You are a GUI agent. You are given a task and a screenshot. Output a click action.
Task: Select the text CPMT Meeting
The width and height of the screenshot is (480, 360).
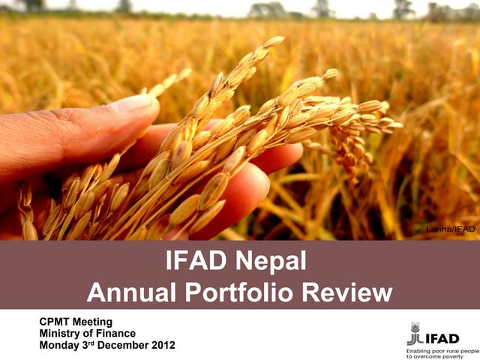coord(76,322)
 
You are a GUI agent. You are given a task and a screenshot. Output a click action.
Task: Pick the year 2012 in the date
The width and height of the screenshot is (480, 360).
coord(163,345)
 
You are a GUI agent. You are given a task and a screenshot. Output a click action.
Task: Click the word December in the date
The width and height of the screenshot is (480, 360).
coord(124,345)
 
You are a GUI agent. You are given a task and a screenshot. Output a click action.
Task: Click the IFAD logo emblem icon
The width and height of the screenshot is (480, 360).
coord(414,332)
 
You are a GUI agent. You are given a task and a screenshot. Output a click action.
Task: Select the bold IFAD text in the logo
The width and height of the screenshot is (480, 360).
coord(442,338)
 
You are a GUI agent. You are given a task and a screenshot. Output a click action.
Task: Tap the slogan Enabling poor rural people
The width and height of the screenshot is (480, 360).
coord(442,351)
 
